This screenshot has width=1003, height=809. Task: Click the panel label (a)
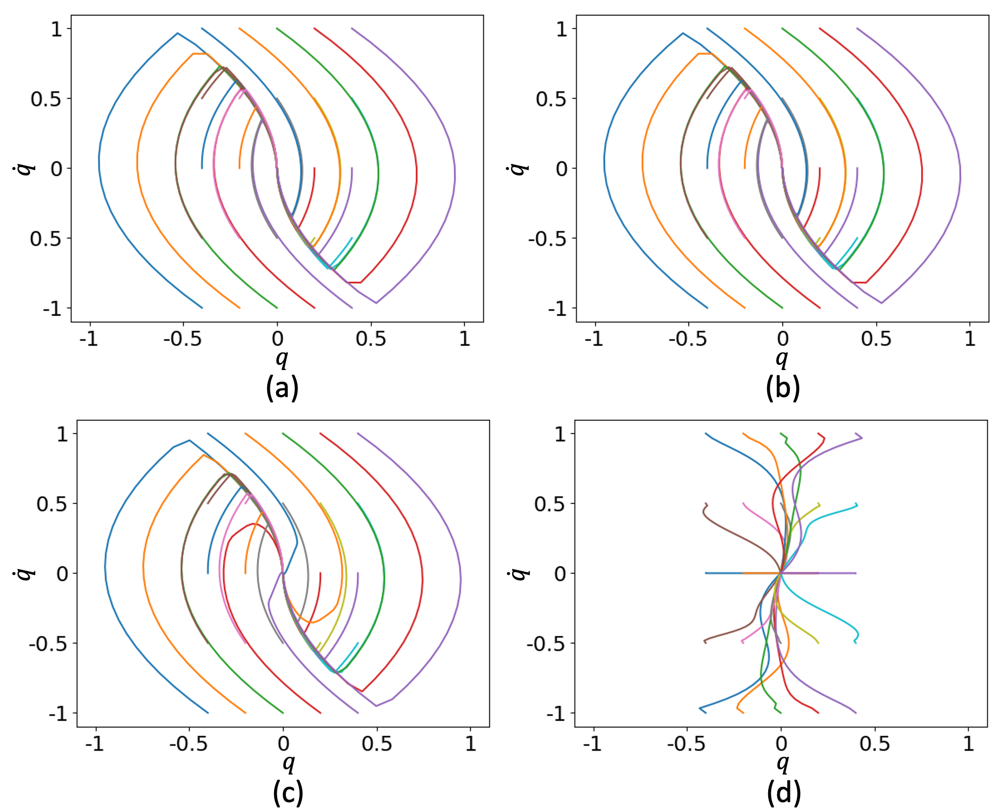click(282, 388)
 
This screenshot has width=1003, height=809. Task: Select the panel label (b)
click(783, 388)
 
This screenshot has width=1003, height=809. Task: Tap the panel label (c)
click(288, 793)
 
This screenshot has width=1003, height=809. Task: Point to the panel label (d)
click(784, 793)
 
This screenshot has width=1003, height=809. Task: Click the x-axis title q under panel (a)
click(282, 359)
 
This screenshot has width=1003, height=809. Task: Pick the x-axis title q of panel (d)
click(783, 763)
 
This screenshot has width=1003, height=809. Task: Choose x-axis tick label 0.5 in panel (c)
click(377, 744)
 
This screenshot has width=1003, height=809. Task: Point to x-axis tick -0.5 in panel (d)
click(686, 744)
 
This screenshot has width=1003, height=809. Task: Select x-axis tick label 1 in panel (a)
click(465, 339)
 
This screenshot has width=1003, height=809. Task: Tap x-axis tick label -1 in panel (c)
click(95, 744)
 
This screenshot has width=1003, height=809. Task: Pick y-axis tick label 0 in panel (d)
click(560, 574)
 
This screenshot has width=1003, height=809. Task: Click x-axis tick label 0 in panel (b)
click(783, 339)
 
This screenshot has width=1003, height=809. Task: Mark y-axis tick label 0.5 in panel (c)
click(52, 504)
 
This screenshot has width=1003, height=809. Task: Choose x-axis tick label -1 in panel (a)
click(89, 339)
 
